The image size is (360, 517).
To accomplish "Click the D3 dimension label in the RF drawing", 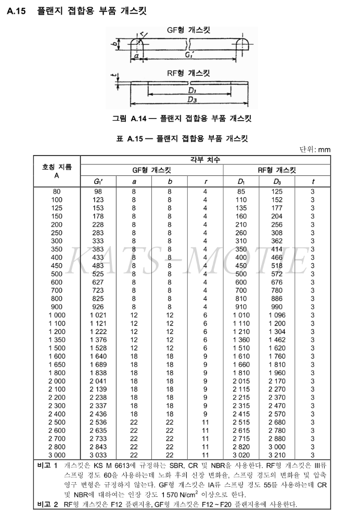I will tap(191, 99).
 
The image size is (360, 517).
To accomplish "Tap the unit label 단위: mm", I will tap(315, 150).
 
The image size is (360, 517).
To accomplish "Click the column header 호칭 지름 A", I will tap(57, 171).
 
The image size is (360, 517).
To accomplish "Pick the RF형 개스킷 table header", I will tap(277, 170).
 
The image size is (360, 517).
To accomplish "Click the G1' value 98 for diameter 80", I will tap(98, 191).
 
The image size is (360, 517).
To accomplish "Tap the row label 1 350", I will tap(57, 340).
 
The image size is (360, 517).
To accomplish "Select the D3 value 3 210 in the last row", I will tap(277, 455).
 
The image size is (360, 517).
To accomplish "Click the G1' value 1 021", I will tap(98, 315).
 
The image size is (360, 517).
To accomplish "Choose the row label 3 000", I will tap(57, 455).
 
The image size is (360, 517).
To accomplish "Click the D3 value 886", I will tap(277, 299).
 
